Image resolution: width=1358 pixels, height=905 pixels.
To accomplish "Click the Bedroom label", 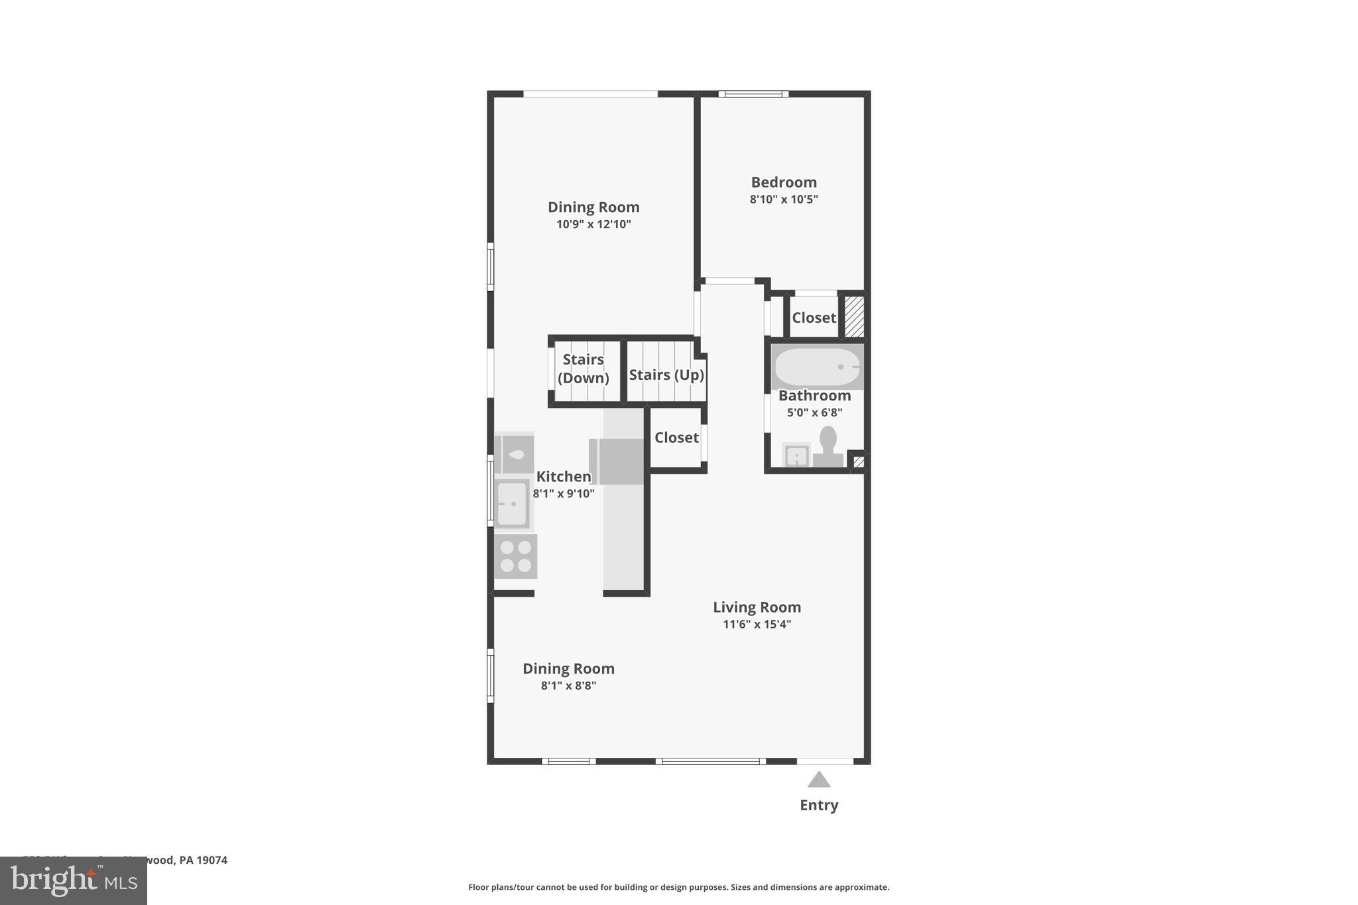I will [783, 182].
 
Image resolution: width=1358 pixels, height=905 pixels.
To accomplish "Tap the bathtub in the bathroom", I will [817, 367].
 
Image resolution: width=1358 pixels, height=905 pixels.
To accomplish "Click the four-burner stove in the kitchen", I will [515, 556].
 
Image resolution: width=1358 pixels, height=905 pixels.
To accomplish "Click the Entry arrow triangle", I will [819, 780].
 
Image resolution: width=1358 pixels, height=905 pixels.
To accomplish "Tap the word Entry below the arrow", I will [819, 805].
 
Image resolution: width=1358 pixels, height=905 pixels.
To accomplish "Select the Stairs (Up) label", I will [666, 375].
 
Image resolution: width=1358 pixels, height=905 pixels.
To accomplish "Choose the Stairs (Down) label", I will [583, 369].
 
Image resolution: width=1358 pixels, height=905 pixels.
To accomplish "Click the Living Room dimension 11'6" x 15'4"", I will [757, 624].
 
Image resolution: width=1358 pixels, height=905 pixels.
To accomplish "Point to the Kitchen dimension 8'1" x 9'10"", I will [564, 493].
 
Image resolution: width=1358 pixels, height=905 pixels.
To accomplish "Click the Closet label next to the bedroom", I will [814, 318].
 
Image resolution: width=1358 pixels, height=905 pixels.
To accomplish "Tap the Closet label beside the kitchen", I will [676, 438].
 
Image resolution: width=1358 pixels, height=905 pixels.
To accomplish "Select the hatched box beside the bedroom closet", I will [853, 316].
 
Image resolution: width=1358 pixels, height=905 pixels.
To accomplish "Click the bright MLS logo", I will [74, 880].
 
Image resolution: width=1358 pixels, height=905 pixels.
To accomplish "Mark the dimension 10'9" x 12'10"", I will [593, 224].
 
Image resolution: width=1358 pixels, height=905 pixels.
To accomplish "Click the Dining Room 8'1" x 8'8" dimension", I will [568, 686].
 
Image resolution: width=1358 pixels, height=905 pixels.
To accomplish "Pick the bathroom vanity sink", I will [796, 455].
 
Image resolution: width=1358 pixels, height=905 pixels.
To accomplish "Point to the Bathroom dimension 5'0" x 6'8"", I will [814, 412].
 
